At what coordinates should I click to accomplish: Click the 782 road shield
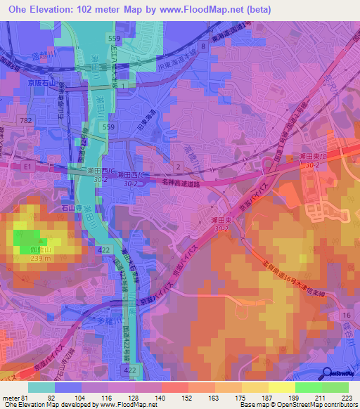[27, 122]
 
